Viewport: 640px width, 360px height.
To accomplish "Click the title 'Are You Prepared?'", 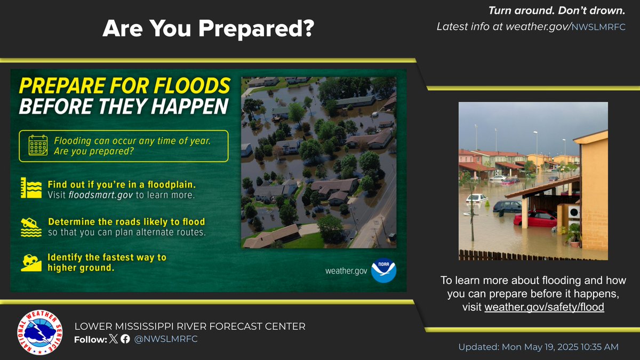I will [208, 29].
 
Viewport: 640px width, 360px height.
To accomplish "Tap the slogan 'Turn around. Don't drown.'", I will [557, 10].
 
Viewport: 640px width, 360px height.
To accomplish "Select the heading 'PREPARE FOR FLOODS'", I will [125, 86].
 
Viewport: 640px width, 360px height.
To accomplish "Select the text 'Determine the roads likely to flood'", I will [126, 221].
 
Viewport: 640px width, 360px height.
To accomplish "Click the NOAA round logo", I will [384, 270].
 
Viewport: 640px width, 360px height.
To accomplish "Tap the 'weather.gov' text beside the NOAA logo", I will [346, 271].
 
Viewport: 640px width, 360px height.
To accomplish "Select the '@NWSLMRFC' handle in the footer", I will [166, 339].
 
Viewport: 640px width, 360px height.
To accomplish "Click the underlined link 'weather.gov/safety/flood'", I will [544, 307].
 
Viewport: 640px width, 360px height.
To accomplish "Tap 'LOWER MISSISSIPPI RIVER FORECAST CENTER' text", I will [190, 326].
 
